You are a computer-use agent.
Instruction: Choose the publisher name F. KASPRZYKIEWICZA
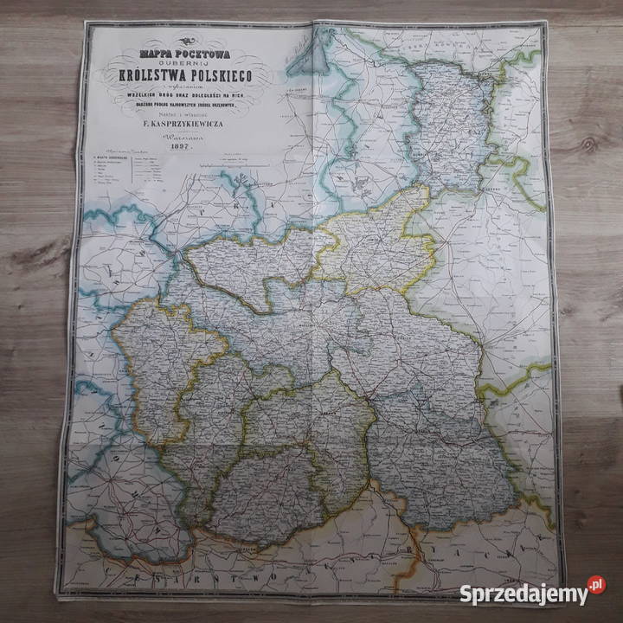[x=182, y=125]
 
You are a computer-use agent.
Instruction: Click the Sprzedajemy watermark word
[x=520, y=594]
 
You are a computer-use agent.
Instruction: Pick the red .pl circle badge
[x=596, y=586]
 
